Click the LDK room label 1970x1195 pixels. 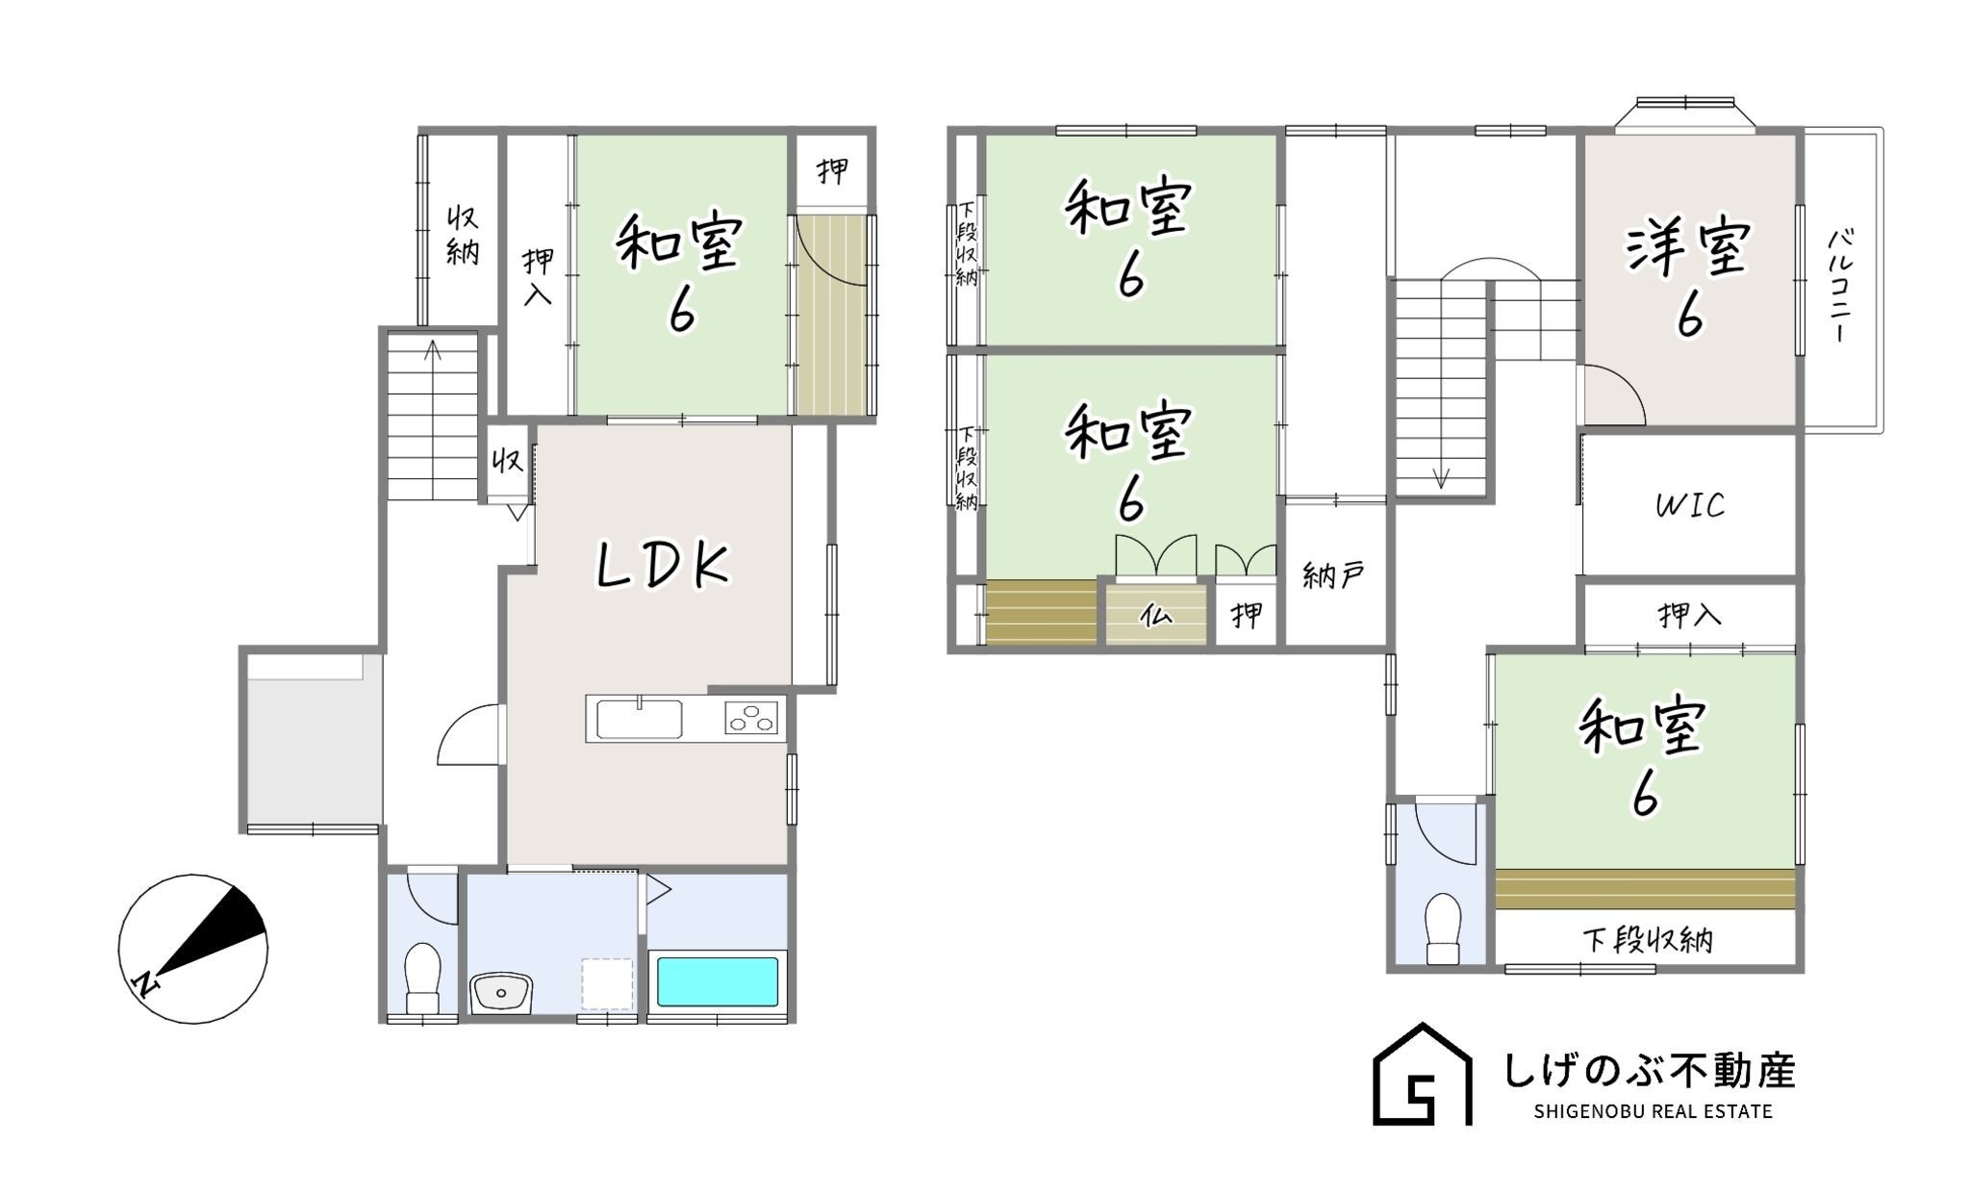(664, 566)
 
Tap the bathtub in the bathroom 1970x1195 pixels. (717, 981)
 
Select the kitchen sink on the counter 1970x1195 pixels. (640, 719)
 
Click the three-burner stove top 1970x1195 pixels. (751, 718)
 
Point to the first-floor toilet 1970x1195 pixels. (422, 976)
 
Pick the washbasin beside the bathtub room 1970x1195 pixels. (501, 992)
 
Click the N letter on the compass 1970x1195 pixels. (145, 983)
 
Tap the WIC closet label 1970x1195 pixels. (1690, 505)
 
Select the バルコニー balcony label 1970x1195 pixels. (1840, 286)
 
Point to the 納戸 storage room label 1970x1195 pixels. (1333, 576)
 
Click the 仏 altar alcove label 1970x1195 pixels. (1155, 614)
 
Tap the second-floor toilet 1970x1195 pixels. (1443, 928)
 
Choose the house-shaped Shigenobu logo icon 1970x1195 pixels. (1422, 1074)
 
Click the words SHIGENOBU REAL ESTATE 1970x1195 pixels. (1653, 1112)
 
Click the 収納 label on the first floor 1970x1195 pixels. (463, 235)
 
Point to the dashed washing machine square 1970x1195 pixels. (607, 983)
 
